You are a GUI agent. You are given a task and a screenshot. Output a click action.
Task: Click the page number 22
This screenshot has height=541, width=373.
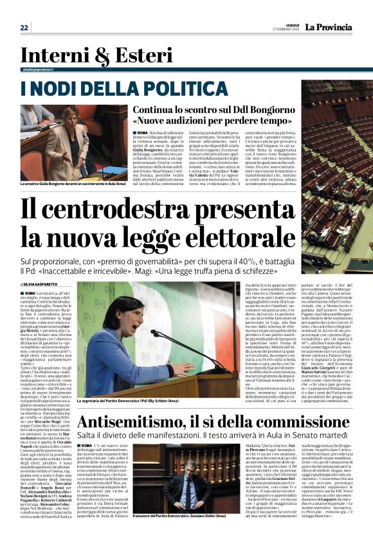[x=24, y=28]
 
